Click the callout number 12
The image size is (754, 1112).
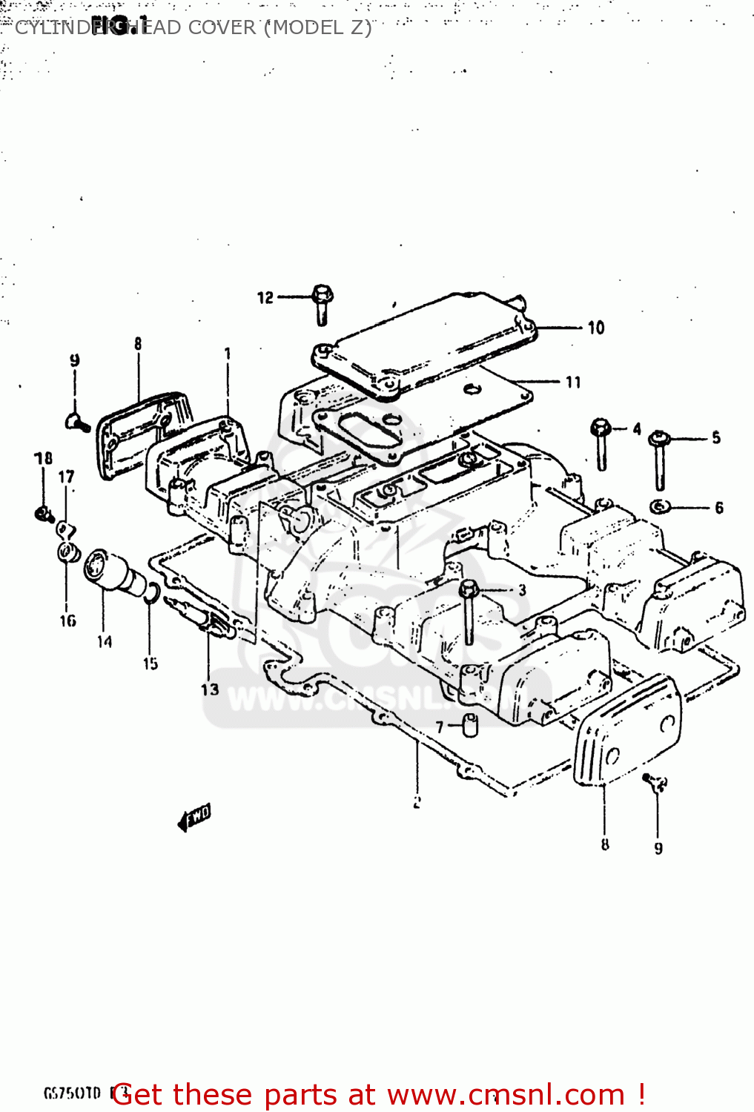click(x=265, y=298)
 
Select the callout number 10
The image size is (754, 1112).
click(x=596, y=328)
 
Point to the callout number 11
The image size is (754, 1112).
click(x=573, y=383)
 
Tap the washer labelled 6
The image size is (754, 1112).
click(x=660, y=507)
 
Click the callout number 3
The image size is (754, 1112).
click(x=522, y=590)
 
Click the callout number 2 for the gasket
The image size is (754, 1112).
click(x=417, y=802)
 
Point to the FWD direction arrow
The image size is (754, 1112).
click(x=194, y=818)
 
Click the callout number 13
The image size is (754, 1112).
click(x=210, y=689)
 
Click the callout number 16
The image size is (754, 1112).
click(x=67, y=620)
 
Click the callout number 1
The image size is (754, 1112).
click(x=228, y=354)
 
